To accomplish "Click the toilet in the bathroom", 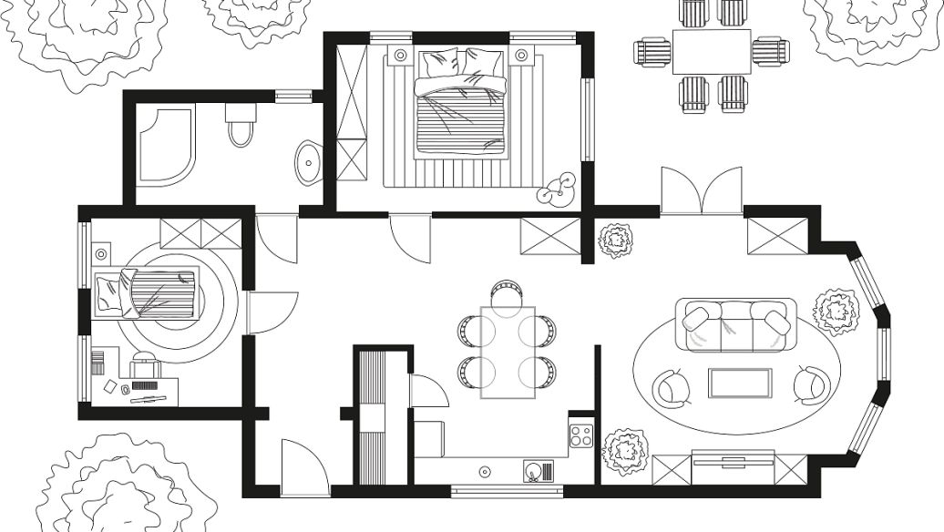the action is [241, 125].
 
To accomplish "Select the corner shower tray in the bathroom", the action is [166, 146].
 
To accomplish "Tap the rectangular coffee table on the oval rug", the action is [740, 384].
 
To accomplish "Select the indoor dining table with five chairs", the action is [507, 351].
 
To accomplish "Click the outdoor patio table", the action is [712, 51].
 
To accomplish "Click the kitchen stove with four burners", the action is [580, 435].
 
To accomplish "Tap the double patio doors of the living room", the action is [701, 192].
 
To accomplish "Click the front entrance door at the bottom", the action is [303, 468].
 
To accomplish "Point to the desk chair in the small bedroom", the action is [146, 365].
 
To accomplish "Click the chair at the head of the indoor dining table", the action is [508, 292].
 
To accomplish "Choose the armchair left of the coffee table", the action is [672, 387].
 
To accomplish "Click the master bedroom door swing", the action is [409, 239].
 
